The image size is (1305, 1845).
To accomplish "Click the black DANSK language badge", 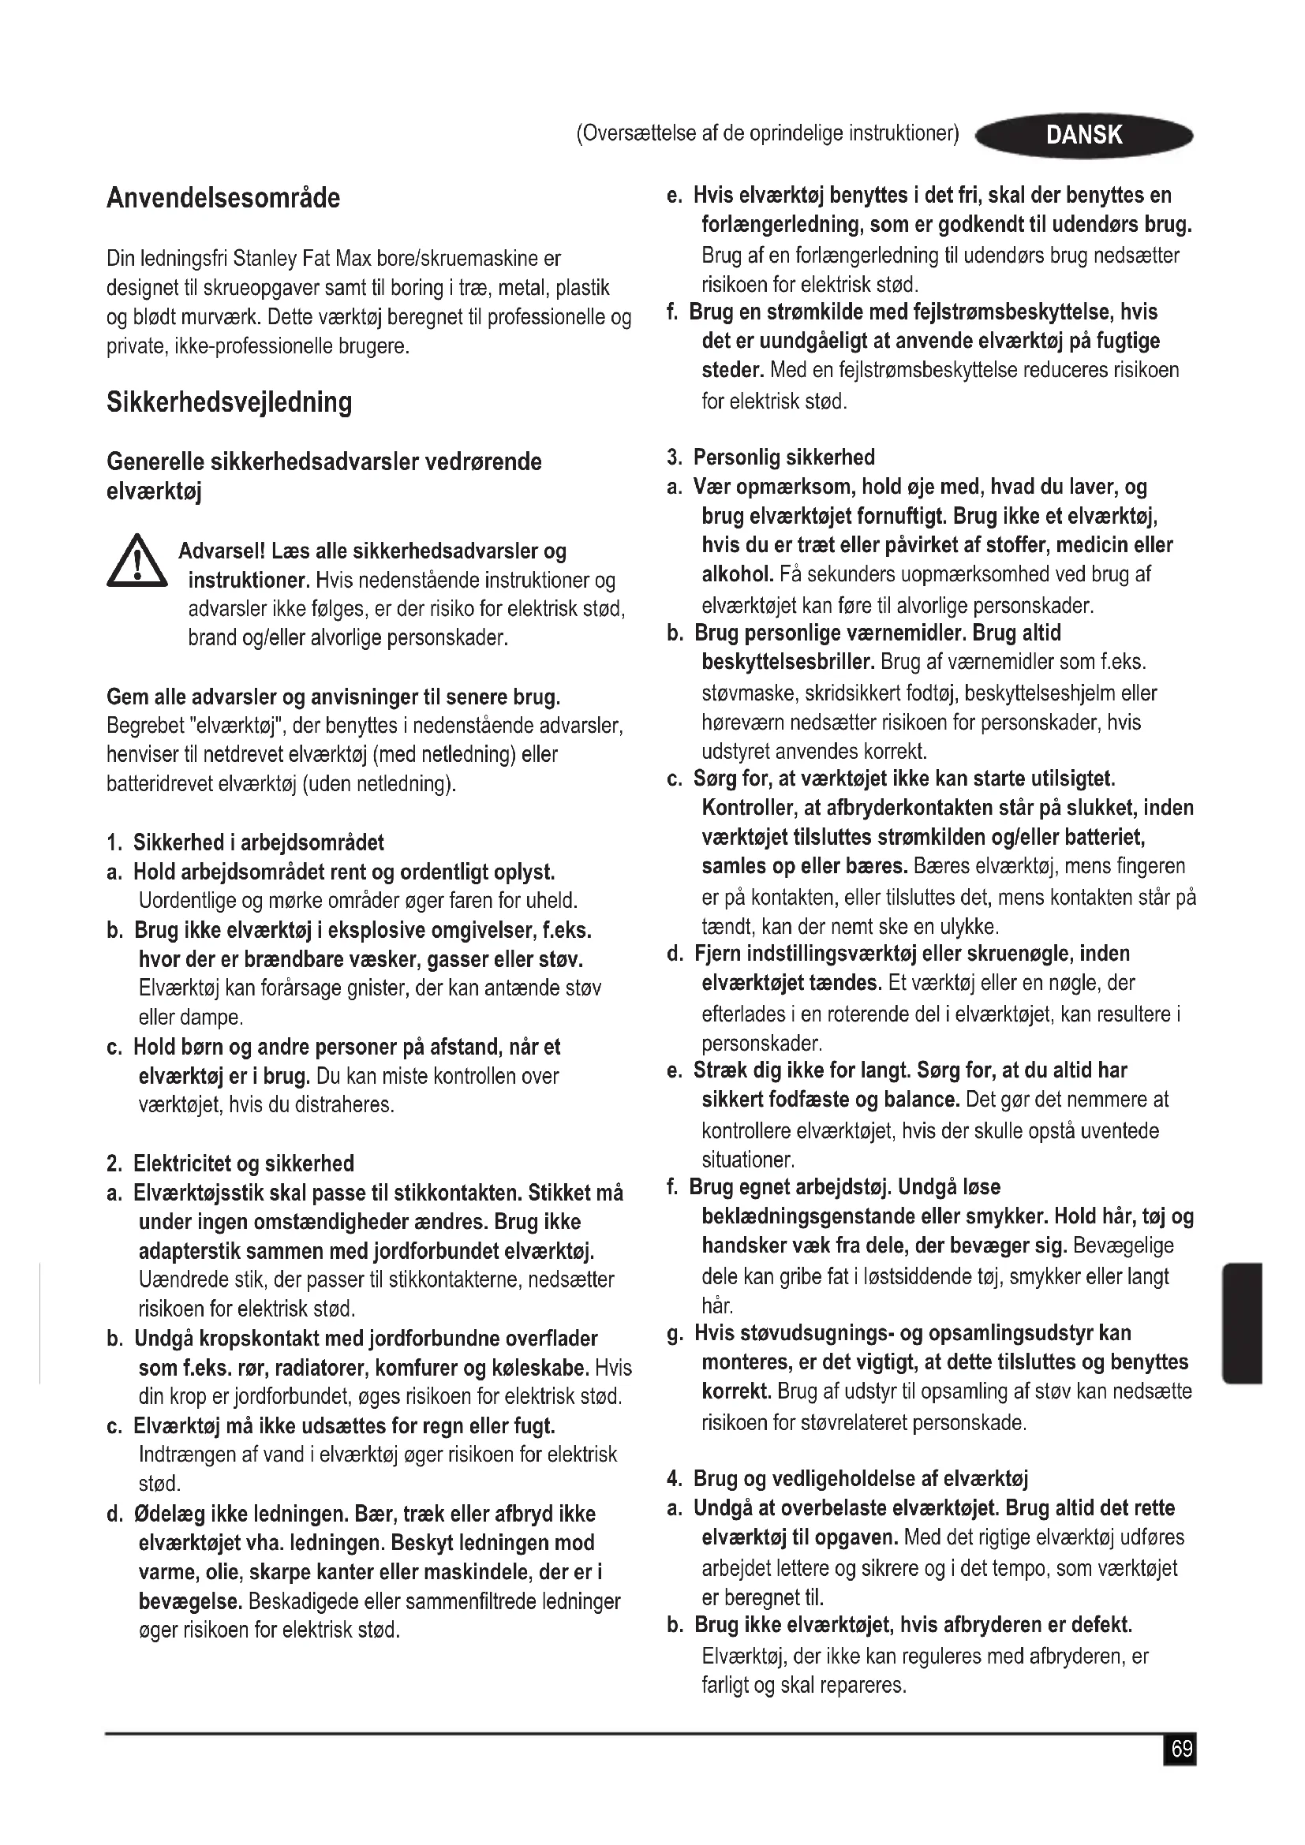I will (1083, 135).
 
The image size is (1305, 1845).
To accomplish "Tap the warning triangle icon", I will (136, 562).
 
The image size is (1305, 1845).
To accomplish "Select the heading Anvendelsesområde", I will (223, 199).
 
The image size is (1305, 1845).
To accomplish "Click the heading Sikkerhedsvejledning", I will (229, 401).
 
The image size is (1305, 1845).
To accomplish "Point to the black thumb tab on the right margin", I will (1242, 1323).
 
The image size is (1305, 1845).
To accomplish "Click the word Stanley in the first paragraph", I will (265, 260).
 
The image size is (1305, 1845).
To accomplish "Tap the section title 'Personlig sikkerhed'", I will (783, 458).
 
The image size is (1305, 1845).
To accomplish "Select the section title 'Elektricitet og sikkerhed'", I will (244, 1163).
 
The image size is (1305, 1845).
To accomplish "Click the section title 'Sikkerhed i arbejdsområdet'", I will (258, 842).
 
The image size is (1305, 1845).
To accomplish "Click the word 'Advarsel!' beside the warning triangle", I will (222, 551).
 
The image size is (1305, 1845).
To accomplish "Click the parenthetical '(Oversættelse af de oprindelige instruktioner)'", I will (768, 133).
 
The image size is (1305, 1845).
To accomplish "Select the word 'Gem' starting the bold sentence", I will (125, 697).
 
